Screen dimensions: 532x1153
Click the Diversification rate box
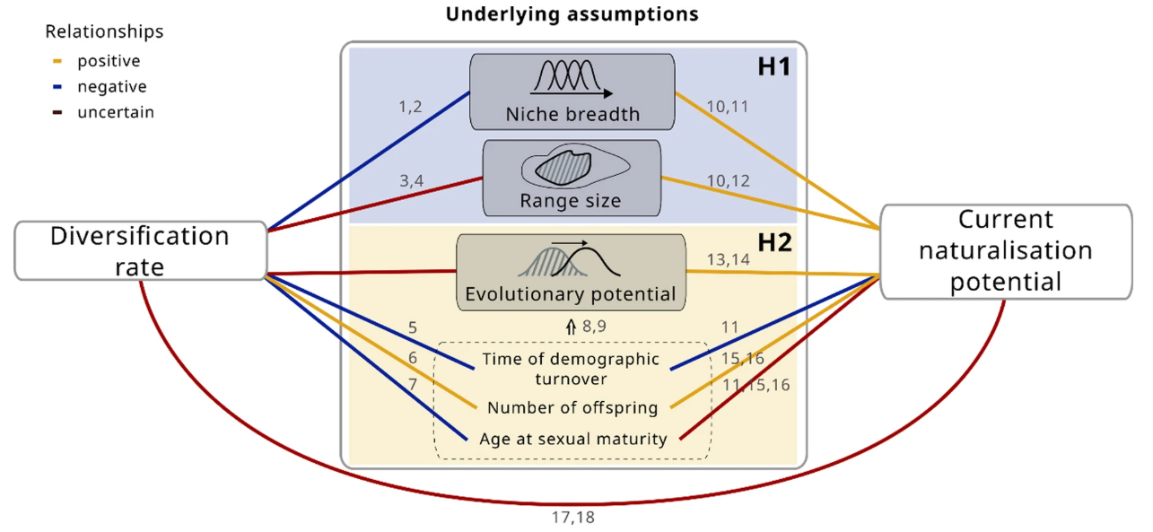[141, 250]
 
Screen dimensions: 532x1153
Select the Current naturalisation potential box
[1006, 251]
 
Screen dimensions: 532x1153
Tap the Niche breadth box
[572, 92]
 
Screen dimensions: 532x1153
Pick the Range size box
[572, 178]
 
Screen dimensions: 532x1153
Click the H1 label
[773, 67]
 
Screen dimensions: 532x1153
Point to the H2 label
[773, 243]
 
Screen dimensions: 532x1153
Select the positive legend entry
[109, 62]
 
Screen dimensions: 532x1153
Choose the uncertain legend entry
[115, 112]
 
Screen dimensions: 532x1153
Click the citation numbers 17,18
[572, 517]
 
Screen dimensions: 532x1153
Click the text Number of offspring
[572, 408]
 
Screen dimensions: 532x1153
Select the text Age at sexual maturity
[573, 439]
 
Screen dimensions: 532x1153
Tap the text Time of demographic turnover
[571, 368]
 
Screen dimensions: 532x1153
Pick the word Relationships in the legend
[104, 31]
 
